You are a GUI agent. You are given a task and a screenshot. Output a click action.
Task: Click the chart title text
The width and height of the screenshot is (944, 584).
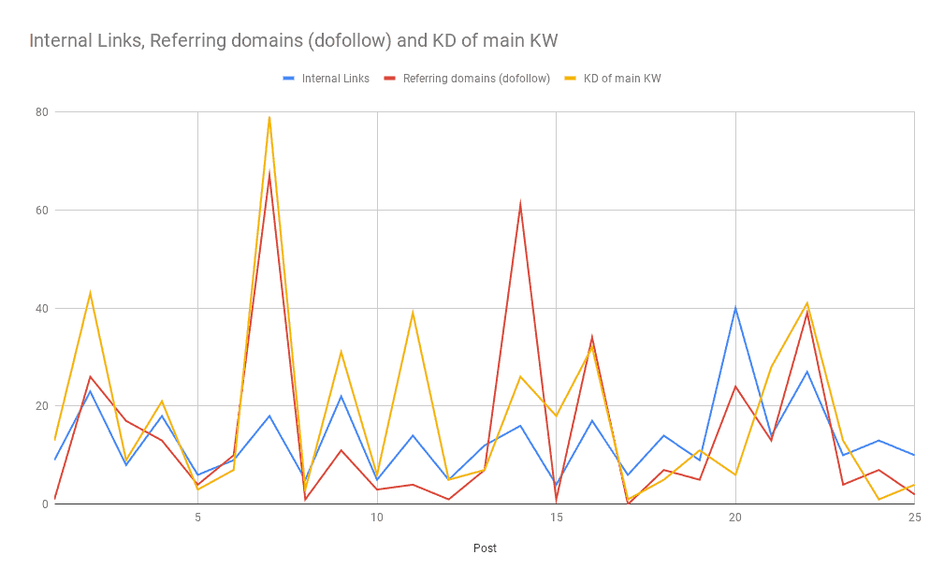[294, 40]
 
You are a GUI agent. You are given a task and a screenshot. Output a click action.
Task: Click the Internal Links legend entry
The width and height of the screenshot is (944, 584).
[335, 79]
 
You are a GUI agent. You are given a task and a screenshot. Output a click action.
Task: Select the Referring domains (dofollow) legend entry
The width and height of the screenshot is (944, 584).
[476, 79]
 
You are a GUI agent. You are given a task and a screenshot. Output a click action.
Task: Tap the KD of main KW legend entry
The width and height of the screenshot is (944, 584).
[622, 79]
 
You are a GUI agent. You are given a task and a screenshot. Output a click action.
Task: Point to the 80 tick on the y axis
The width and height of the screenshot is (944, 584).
[41, 112]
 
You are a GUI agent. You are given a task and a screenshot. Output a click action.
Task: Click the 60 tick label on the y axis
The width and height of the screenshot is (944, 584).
[41, 211]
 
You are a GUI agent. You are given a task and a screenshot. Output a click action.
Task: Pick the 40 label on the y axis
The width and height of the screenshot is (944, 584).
[41, 308]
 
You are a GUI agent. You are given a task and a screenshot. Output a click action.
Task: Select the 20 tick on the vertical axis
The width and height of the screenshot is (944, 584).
[41, 406]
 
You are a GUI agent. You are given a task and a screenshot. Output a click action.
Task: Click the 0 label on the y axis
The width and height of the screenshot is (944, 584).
[44, 504]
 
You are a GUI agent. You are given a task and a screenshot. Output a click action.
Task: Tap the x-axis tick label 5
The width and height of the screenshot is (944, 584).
[197, 518]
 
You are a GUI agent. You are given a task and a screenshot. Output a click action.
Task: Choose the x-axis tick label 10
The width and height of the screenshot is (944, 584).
[377, 518]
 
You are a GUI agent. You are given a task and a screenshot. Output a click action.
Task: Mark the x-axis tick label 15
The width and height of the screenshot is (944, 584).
[557, 518]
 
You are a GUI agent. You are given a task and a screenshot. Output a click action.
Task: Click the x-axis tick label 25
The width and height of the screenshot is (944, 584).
[914, 518]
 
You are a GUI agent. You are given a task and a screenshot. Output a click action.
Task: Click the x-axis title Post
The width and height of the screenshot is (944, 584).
[485, 548]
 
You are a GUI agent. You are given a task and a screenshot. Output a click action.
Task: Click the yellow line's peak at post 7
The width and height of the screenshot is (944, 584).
[269, 117]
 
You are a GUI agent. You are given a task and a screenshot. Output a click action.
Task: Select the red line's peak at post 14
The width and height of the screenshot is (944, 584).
[520, 205]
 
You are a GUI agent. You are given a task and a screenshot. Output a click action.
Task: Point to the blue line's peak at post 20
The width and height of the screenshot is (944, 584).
[735, 308]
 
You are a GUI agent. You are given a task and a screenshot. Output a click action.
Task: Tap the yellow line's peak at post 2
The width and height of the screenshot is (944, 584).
[90, 293]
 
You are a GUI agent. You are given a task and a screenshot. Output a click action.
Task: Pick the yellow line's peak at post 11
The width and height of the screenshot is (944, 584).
[413, 313]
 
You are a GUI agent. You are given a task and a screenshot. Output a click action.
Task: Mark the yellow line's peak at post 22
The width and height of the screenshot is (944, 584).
[806, 303]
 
